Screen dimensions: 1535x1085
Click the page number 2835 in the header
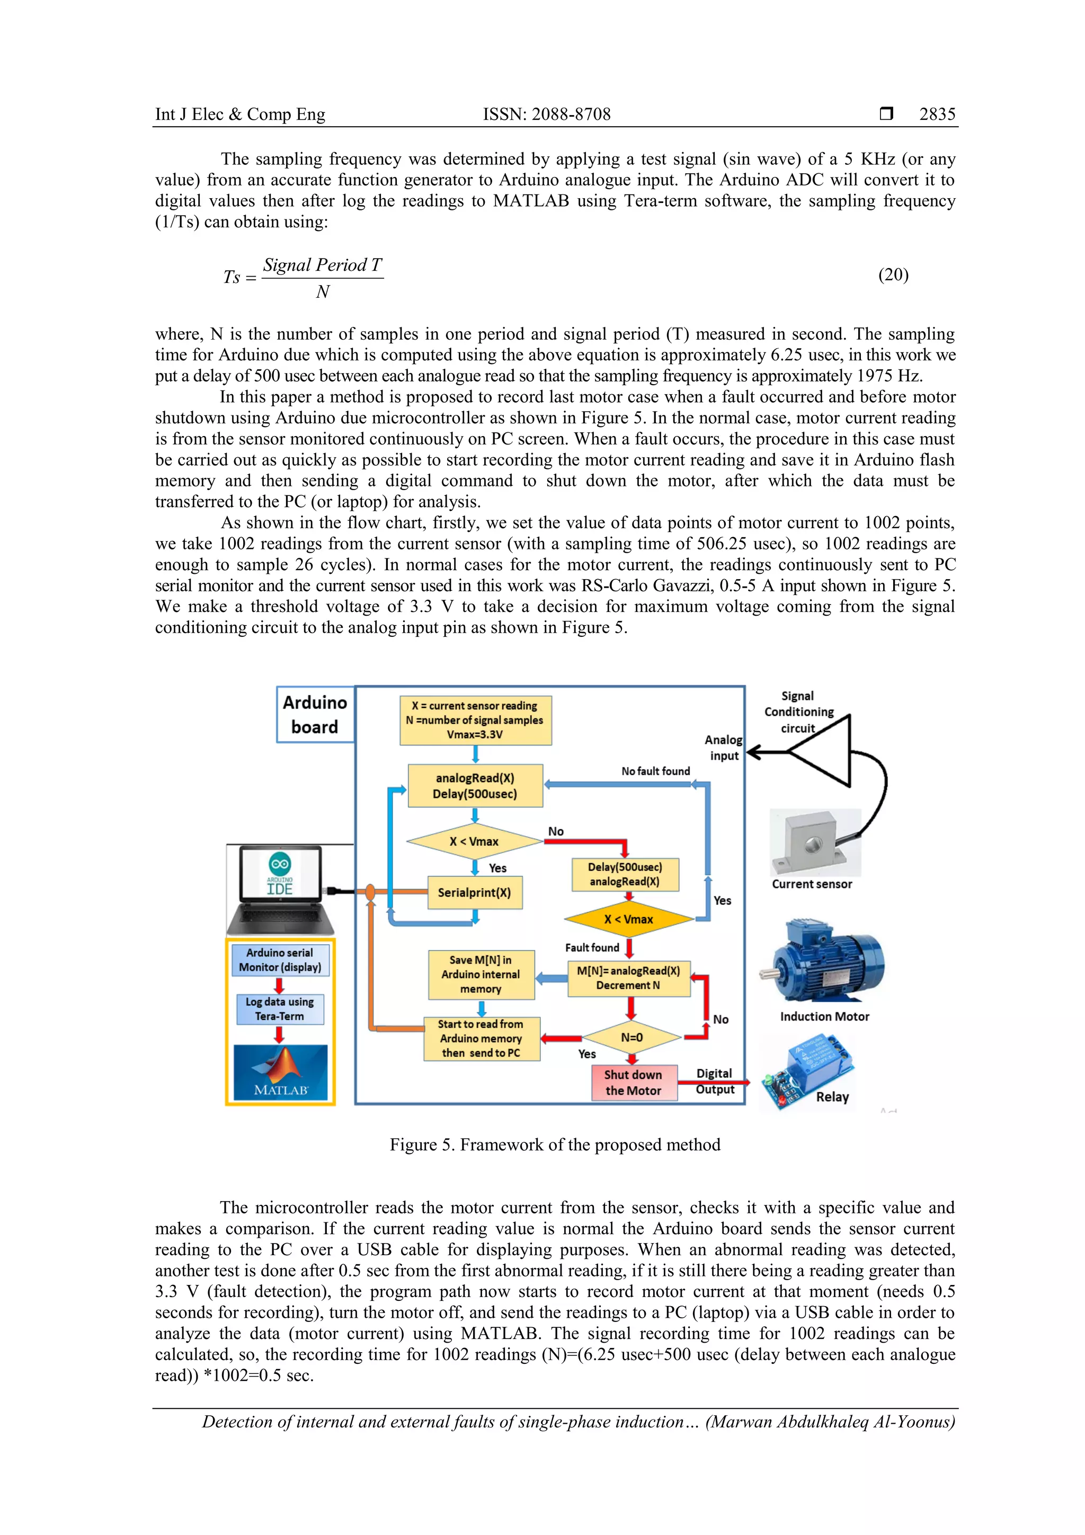[x=937, y=114]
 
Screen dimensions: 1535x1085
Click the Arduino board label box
[x=315, y=715]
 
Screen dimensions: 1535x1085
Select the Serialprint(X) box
[x=475, y=892]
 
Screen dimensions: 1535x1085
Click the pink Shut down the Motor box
[x=633, y=1083]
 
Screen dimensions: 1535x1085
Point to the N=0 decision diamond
[x=632, y=1037]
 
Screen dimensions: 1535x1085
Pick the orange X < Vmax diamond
[x=628, y=919]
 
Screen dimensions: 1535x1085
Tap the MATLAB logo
[x=281, y=1072]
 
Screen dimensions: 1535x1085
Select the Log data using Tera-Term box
[x=279, y=1009]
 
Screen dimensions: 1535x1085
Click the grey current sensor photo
[x=814, y=842]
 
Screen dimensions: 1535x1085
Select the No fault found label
[x=655, y=771]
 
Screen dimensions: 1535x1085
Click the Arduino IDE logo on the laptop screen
[x=279, y=873]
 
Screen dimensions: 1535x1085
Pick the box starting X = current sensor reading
[x=475, y=720]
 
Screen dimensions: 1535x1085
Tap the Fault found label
[x=592, y=947]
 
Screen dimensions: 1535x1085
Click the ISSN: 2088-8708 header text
[x=546, y=114]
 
